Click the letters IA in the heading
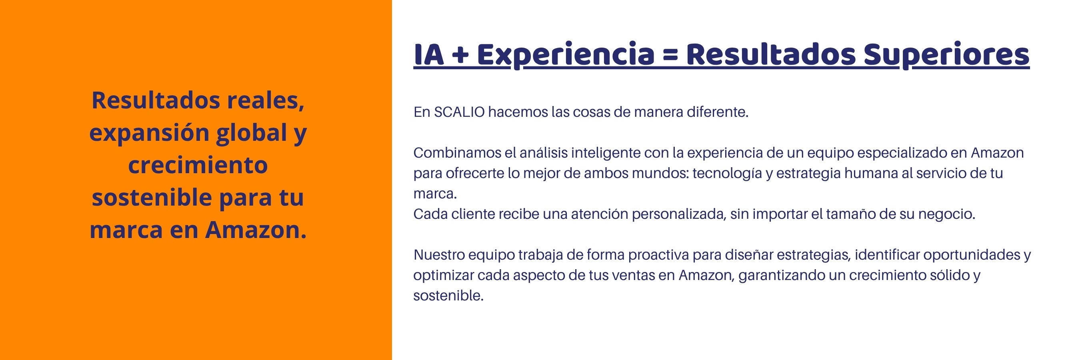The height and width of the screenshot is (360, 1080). pos(428,55)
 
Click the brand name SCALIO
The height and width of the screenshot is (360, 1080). pos(459,112)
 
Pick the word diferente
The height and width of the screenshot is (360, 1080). pos(717,112)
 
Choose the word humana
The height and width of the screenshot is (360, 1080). pos(871,173)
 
